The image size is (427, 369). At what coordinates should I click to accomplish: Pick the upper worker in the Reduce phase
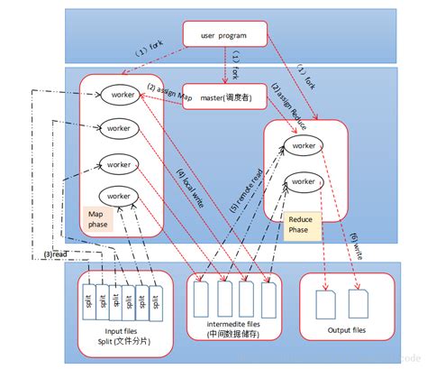[304, 144]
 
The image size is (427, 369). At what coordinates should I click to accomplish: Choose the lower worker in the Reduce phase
[304, 181]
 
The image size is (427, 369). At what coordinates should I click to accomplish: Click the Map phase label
[98, 219]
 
